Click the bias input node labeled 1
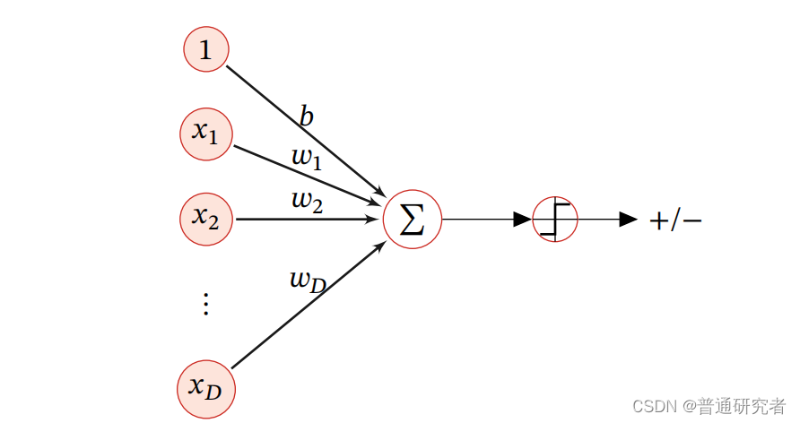coord(206,50)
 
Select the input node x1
coord(206,134)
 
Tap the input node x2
coord(206,218)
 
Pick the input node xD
coord(204,388)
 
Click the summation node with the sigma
coord(413,220)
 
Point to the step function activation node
coord(555,220)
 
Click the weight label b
coord(307,117)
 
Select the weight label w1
coord(307,158)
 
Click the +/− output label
coord(675,220)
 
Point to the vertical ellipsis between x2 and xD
coord(205,304)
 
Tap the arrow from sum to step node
coord(484,220)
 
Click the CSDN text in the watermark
coord(652,406)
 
